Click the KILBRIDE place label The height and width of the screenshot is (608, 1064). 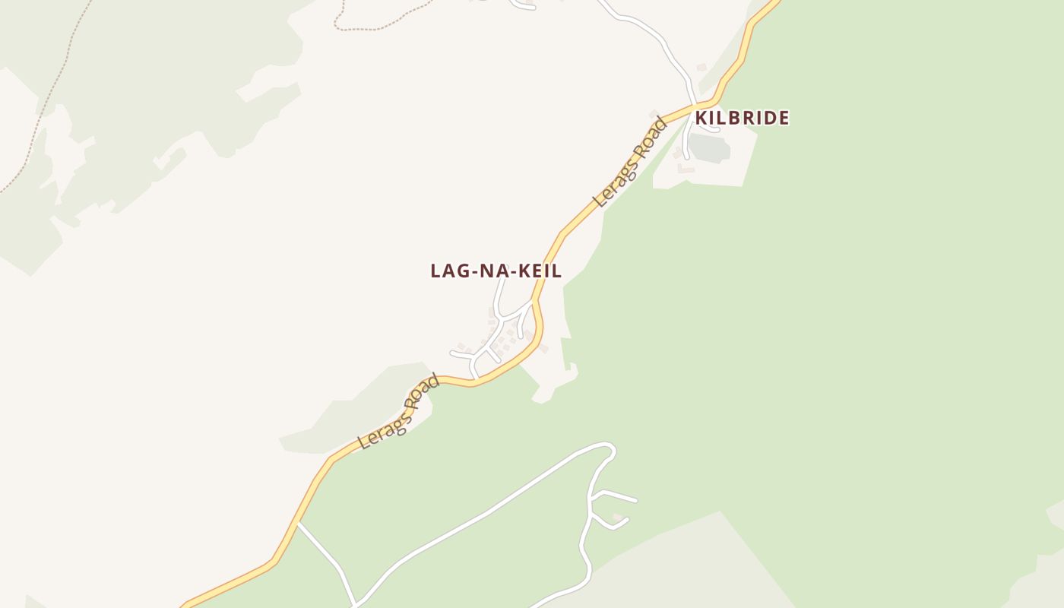(742, 118)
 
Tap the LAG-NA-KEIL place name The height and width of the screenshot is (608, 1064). (496, 271)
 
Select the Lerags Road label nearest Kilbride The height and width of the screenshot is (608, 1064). (630, 162)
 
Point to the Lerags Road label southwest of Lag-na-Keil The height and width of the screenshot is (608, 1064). (399, 411)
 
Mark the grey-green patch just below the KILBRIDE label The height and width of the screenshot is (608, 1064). (710, 147)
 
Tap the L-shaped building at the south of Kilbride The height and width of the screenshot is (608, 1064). (686, 169)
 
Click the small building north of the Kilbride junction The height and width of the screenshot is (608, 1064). (701, 68)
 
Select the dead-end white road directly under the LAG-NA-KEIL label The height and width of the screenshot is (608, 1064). (499, 296)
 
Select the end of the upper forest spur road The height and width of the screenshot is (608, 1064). (635, 501)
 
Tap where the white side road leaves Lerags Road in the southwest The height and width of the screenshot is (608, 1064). (298, 523)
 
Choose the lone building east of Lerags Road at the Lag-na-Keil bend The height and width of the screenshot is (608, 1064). (543, 349)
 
